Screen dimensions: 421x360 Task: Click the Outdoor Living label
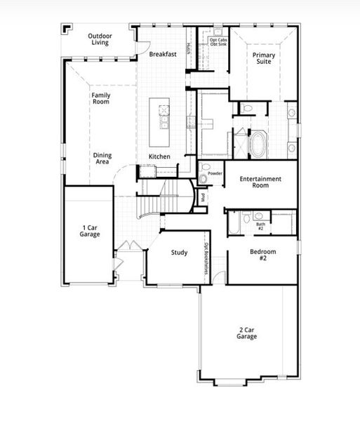pos(101,39)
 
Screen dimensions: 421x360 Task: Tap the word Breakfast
pos(162,53)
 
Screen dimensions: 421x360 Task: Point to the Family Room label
pos(101,98)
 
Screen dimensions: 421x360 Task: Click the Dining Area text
pos(102,159)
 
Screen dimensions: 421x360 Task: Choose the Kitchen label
pos(159,156)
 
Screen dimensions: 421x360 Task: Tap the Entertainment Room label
pos(260,182)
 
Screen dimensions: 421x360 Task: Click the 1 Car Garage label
pos(90,231)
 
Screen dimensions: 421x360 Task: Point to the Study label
pos(180,253)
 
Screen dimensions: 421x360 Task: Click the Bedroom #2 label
pos(263,255)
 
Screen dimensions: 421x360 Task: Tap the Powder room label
pos(215,173)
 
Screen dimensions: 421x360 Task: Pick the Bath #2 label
pos(260,227)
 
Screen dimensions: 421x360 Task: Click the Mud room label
pos(204,197)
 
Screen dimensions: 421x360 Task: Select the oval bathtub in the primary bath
pos(258,144)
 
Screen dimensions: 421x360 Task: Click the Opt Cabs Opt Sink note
pos(218,42)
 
